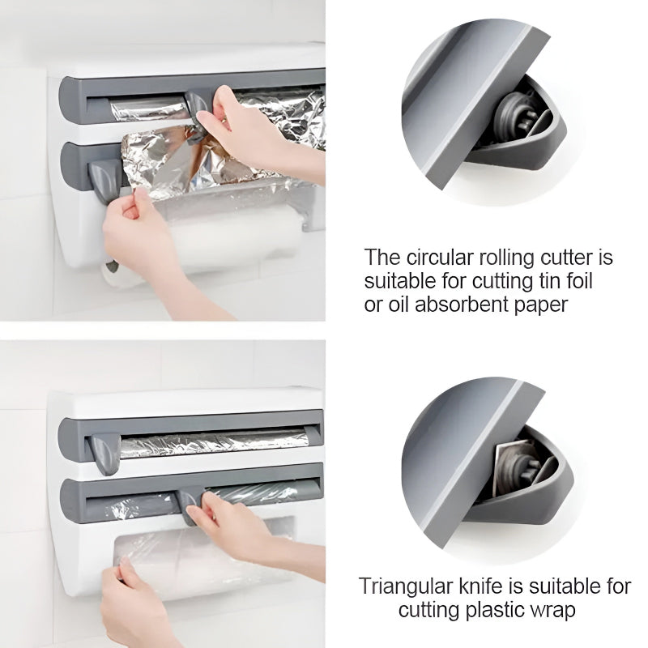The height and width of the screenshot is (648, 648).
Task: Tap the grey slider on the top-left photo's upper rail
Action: point(196,102)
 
